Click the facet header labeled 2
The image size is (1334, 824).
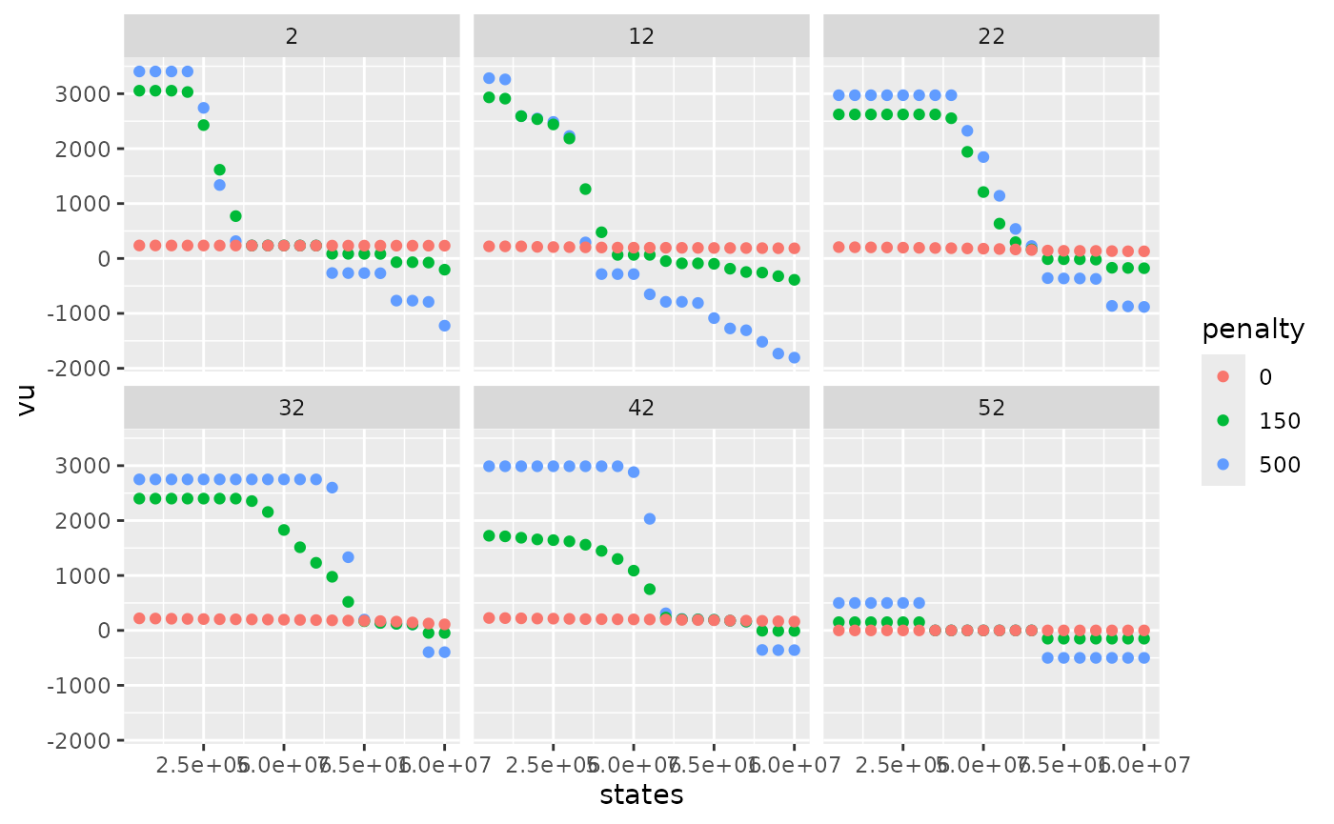click(292, 36)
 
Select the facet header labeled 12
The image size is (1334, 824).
click(641, 36)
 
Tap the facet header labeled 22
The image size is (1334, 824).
click(991, 36)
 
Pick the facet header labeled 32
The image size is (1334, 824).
click(292, 408)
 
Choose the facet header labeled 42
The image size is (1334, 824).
click(641, 408)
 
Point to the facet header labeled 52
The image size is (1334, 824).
click(991, 408)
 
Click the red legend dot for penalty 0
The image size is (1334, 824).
click(1223, 377)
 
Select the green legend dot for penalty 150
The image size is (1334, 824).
click(1223, 420)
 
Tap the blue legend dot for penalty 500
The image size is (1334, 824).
click(1223, 464)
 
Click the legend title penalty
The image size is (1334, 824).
click(1252, 330)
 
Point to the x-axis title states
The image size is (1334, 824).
click(641, 794)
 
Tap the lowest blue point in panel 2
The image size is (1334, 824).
click(444, 326)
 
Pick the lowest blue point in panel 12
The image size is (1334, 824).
click(794, 357)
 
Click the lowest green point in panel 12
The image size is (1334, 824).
click(794, 280)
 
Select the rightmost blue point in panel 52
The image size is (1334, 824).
click(1143, 657)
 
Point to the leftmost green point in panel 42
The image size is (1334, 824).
click(489, 535)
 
